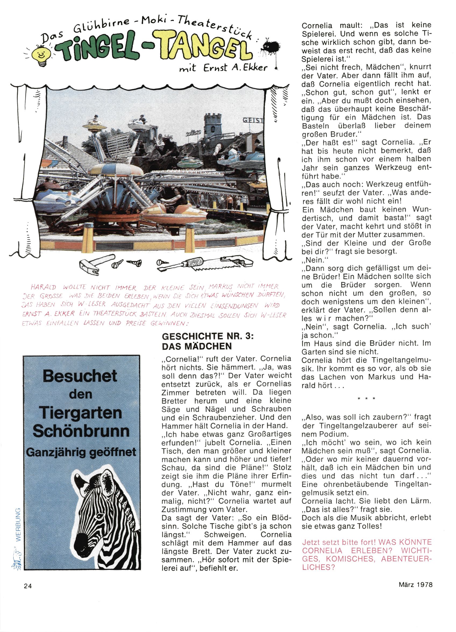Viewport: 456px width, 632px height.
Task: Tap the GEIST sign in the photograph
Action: click(x=253, y=120)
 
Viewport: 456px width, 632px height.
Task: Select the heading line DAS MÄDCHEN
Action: click(x=197, y=346)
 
